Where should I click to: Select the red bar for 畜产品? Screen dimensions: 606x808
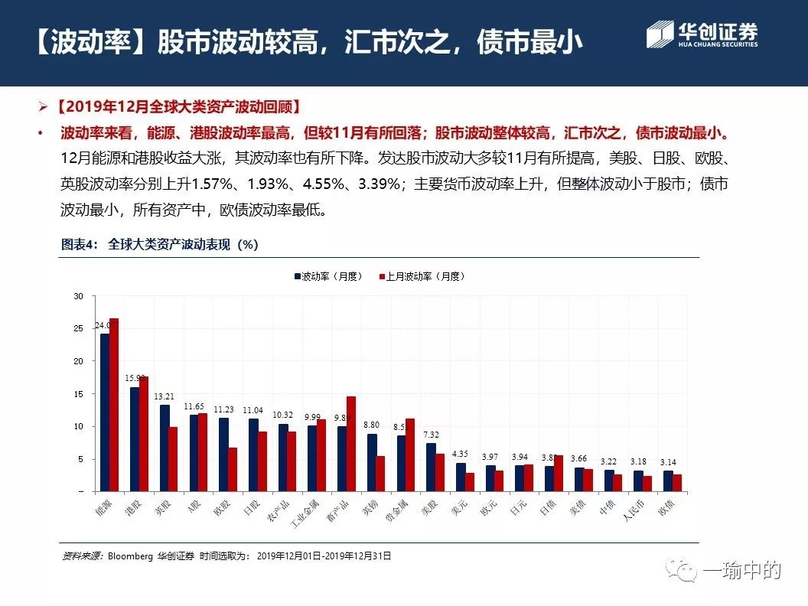coord(351,443)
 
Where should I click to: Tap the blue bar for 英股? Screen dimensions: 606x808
coord(165,448)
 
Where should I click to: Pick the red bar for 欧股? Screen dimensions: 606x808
coord(233,469)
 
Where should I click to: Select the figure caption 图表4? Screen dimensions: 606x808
coord(80,245)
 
